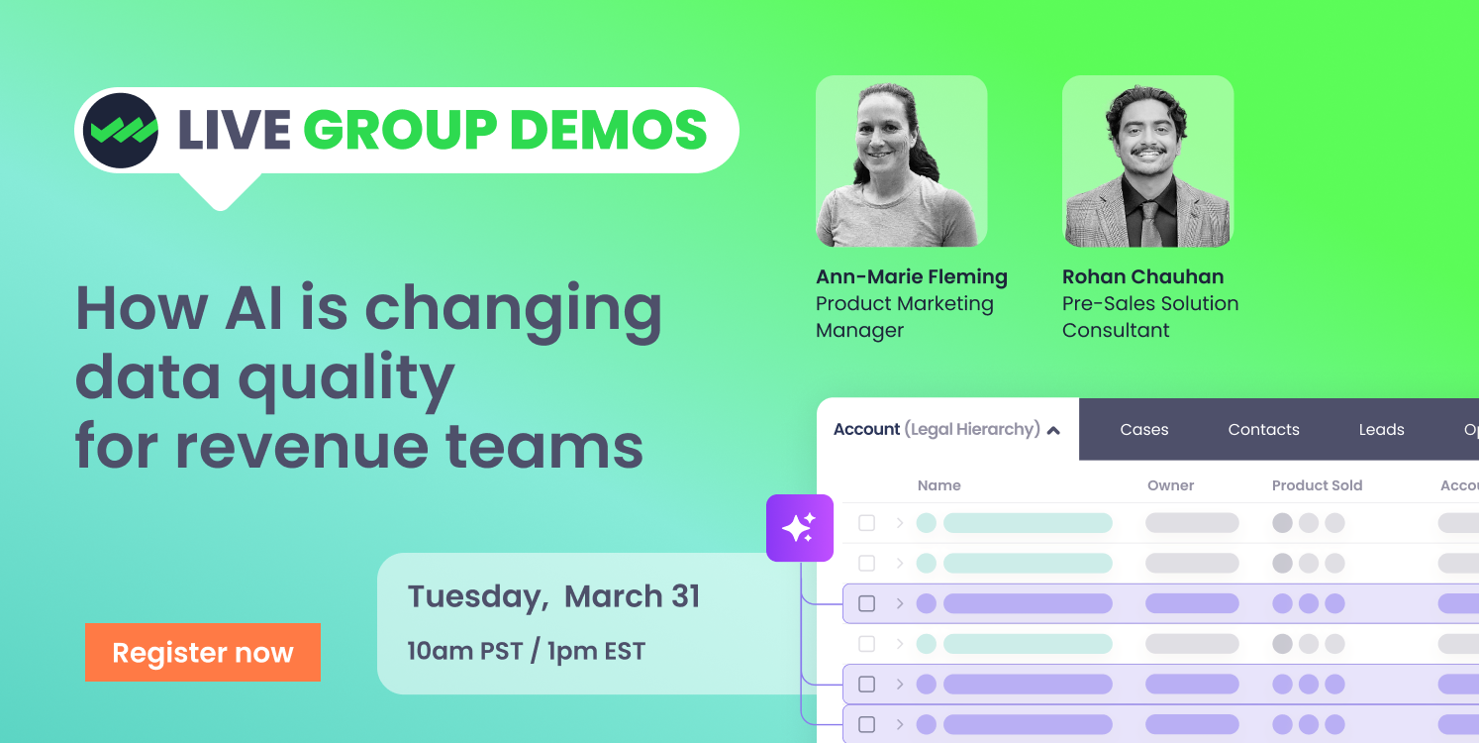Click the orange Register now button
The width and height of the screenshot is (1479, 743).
(203, 652)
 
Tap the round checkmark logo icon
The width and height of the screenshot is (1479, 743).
(120, 130)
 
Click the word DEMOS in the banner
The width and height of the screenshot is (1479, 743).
(609, 130)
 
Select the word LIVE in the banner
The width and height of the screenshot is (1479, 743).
(234, 130)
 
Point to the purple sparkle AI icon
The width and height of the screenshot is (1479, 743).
(800, 528)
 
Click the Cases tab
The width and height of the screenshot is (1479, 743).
(1144, 429)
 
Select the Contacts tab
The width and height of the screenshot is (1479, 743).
(1263, 429)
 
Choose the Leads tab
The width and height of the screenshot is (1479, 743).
(1381, 429)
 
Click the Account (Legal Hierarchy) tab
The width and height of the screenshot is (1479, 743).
(946, 429)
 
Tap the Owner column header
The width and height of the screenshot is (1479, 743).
(1170, 485)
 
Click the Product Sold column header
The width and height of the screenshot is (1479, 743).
(1317, 485)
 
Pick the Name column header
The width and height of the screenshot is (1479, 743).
(938, 485)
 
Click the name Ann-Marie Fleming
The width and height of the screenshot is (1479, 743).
(911, 276)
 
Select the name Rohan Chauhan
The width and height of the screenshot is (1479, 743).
(1142, 276)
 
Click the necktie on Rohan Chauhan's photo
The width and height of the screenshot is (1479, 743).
(1149, 223)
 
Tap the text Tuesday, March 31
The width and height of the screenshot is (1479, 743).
(553, 596)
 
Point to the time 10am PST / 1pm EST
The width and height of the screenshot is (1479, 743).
(526, 651)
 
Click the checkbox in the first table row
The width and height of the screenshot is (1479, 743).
(867, 523)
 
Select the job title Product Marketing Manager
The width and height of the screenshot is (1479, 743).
(904, 317)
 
